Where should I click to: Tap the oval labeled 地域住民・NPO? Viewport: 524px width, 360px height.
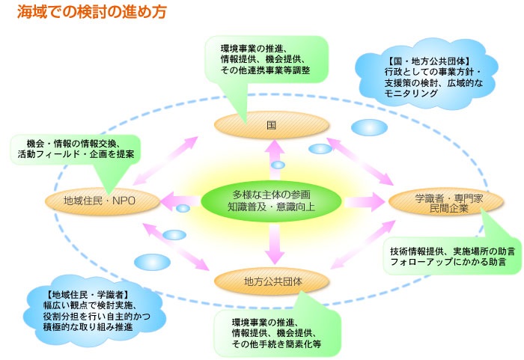pyautogui.click(x=100, y=200)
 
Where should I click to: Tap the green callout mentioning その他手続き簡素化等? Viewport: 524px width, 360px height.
pyautogui.click(x=277, y=334)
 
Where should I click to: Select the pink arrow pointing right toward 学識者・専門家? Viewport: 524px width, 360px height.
pyautogui.click(x=362, y=202)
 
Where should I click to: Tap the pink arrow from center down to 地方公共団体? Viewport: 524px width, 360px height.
pyautogui.click(x=274, y=242)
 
